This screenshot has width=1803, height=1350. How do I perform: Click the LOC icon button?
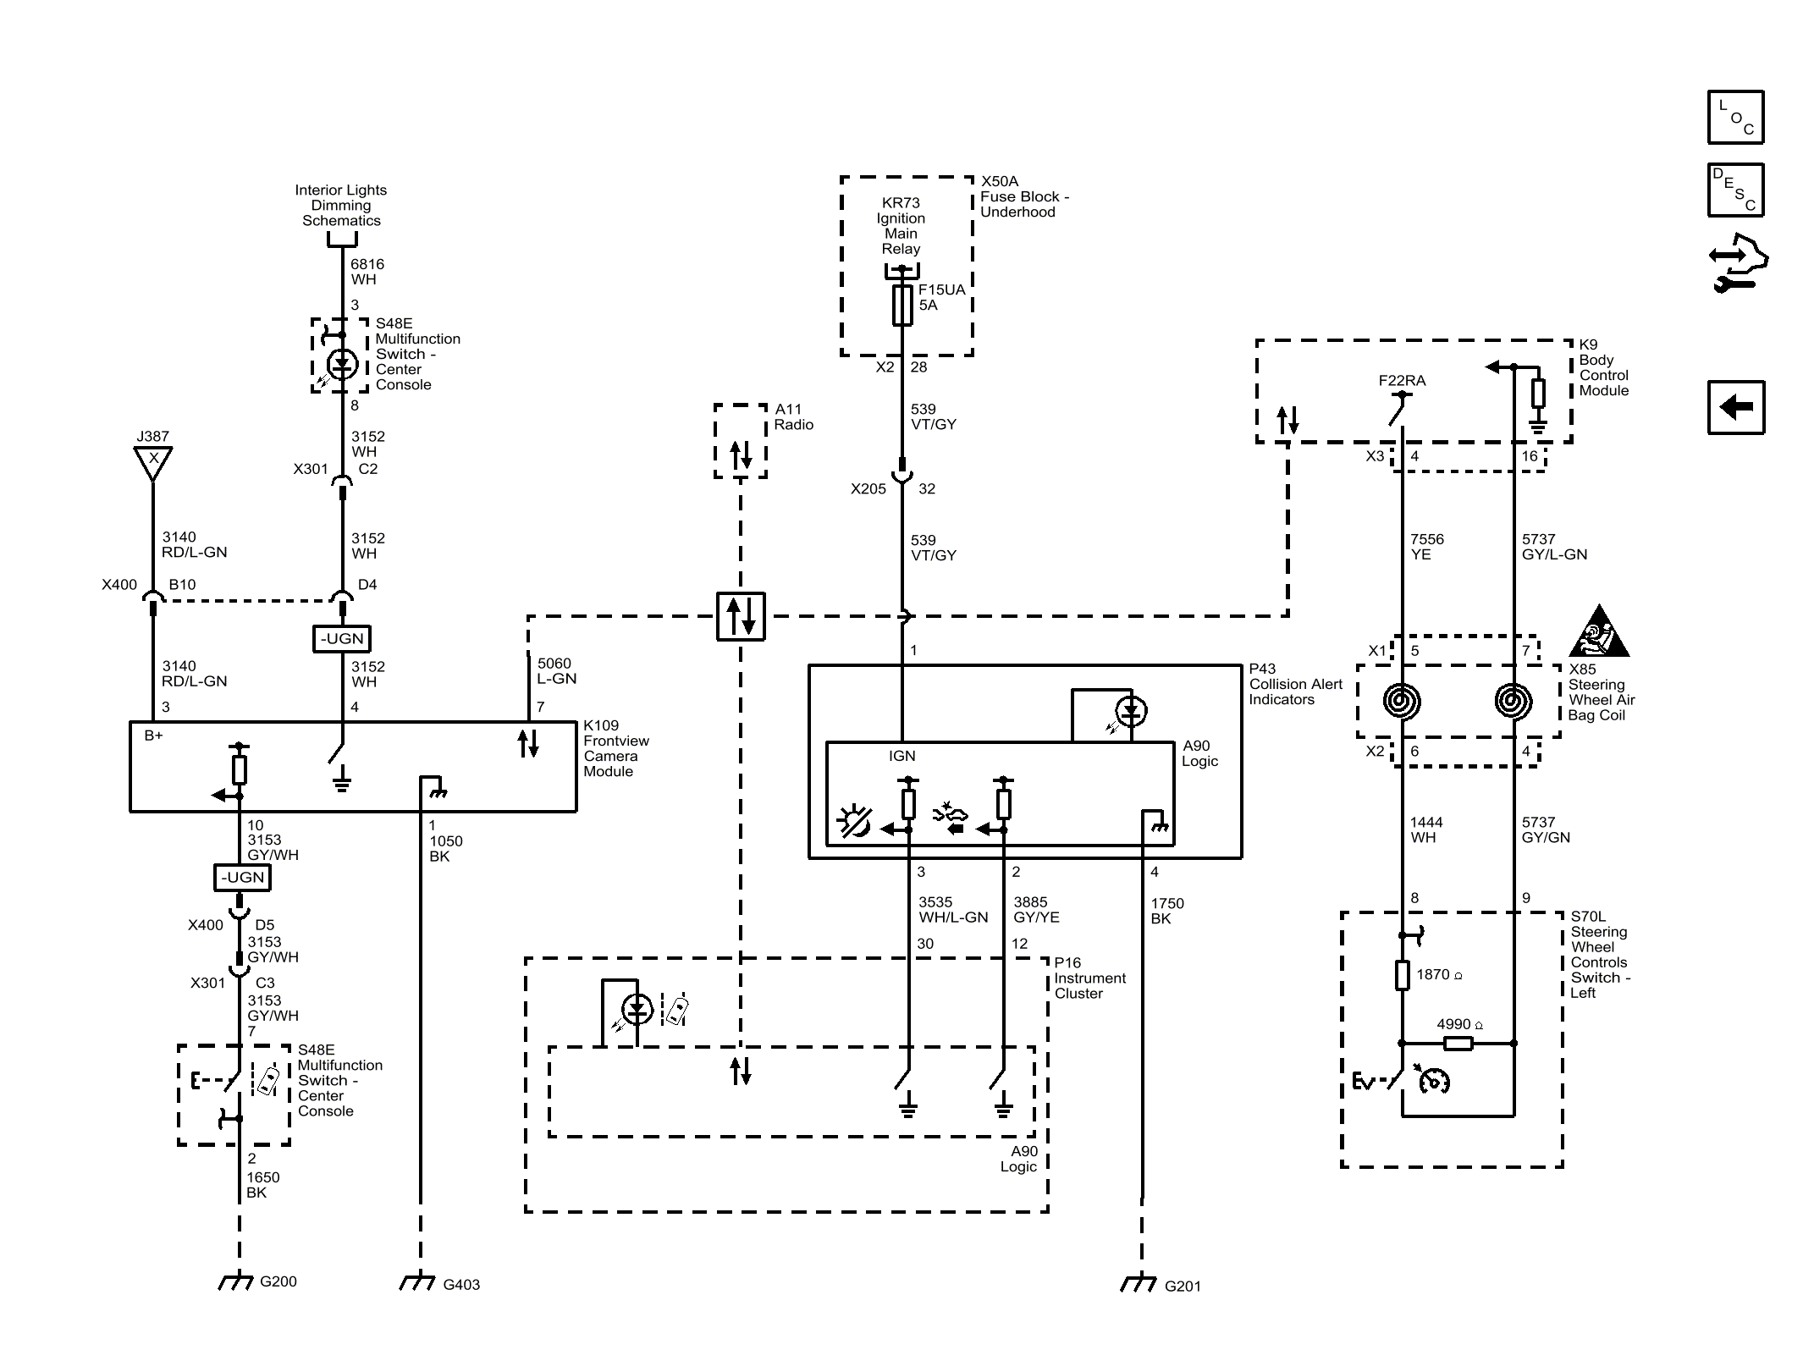[1735, 117]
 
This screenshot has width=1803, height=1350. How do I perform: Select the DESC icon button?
[1735, 190]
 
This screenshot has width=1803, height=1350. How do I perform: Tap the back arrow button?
[1735, 407]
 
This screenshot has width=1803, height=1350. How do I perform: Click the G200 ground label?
[278, 1281]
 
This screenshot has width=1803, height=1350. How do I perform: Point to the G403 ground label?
[461, 1285]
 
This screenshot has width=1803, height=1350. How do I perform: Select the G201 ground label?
[1183, 1287]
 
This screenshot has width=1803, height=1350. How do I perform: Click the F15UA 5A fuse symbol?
[902, 306]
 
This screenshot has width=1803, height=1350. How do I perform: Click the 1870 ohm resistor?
[1403, 975]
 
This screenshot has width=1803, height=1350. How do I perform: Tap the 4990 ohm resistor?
[1458, 1044]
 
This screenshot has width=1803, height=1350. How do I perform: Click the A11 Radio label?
[794, 417]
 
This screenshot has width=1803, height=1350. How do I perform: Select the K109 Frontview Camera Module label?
[616, 748]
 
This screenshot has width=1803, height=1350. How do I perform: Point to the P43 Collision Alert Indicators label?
[1296, 684]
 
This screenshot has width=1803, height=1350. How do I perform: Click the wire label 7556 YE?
[1427, 547]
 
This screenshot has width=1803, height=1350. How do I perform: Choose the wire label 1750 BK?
[1167, 911]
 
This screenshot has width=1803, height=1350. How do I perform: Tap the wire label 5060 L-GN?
[557, 671]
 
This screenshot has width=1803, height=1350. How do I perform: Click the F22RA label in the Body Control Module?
[1402, 381]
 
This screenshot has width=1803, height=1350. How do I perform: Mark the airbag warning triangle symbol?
[1598, 632]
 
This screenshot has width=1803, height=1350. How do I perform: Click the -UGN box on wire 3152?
[342, 639]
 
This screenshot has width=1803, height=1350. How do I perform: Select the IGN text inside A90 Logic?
[902, 756]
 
